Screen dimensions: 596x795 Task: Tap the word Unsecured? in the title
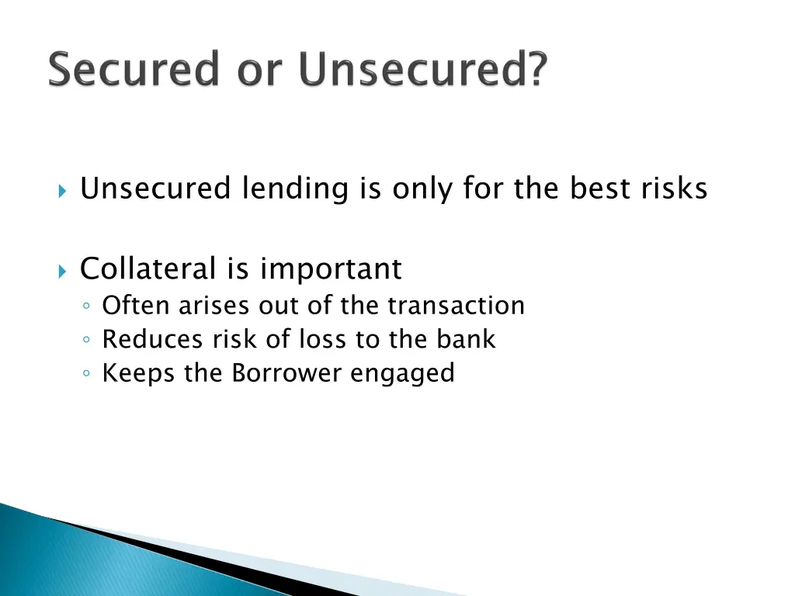[423, 71]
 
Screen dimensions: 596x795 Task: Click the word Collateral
[148, 269]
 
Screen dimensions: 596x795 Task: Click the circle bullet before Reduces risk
[89, 341]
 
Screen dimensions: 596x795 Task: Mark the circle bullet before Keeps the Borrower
[89, 375]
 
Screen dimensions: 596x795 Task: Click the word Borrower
[287, 373]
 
